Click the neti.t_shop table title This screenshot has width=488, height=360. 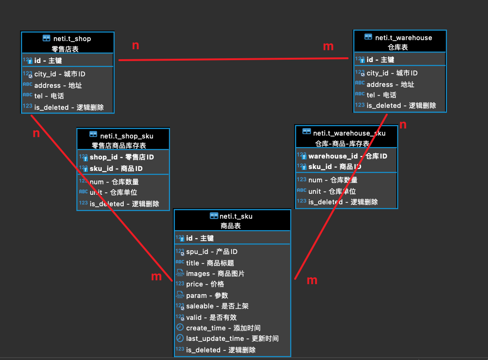click(x=72, y=39)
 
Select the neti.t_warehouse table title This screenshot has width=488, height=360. click(x=403, y=38)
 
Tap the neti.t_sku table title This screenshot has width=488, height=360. click(x=236, y=216)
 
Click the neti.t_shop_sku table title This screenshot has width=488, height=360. click(x=127, y=136)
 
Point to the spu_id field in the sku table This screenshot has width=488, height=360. click(x=212, y=252)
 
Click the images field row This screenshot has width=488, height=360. click(x=215, y=274)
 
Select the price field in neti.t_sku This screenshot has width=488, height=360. click(x=205, y=284)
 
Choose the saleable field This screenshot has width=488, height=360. click(x=217, y=306)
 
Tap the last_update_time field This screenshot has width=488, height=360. click(x=232, y=339)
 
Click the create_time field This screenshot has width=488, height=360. click(x=223, y=328)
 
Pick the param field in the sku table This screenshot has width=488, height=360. click(x=207, y=295)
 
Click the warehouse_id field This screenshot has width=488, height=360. click(x=348, y=156)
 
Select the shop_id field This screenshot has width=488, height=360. click(x=122, y=157)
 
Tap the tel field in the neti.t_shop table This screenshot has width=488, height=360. click(x=49, y=96)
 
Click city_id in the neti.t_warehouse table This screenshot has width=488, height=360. click(x=392, y=73)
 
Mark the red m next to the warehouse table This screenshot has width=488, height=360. click(x=328, y=46)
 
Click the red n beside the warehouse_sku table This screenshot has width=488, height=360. click(x=403, y=125)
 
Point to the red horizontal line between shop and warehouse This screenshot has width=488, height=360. click(x=233, y=59)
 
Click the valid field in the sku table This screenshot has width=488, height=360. click(x=212, y=318)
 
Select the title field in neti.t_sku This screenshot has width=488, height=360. click(x=210, y=263)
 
